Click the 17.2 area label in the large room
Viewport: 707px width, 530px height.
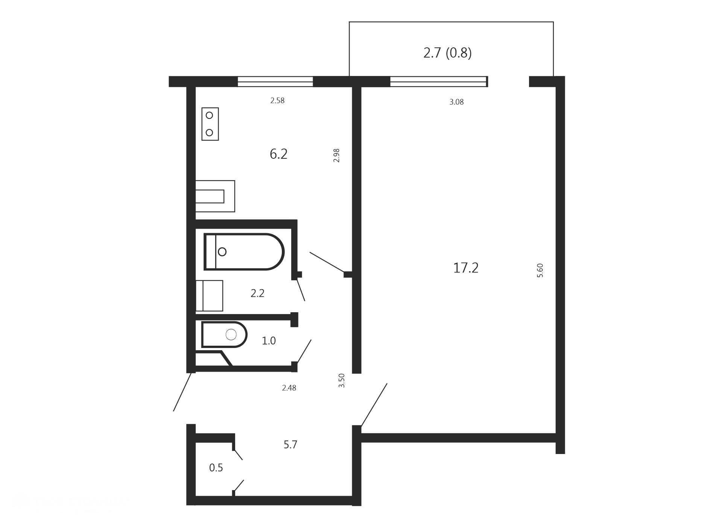tap(466, 268)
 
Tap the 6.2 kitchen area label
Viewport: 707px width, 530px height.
tap(278, 154)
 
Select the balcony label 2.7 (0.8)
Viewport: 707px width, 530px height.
tap(447, 53)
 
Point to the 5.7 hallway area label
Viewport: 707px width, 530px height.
tap(290, 445)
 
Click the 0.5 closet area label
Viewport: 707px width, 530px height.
tap(216, 468)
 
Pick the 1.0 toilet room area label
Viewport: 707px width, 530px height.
tap(269, 341)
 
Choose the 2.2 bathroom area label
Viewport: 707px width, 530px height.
tap(257, 293)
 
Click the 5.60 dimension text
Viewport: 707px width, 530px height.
tap(540, 270)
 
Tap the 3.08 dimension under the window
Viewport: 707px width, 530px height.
tap(456, 102)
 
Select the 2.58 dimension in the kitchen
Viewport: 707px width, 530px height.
tap(277, 100)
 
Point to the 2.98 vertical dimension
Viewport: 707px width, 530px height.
tap(336, 155)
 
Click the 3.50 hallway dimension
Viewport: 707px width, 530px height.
tap(342, 381)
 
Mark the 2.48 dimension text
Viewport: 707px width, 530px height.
tap(289, 388)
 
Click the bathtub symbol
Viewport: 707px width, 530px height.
tap(244, 252)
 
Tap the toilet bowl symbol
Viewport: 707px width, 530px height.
tap(224, 334)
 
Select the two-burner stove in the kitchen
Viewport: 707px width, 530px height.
tap(210, 124)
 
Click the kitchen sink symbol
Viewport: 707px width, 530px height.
tap(215, 196)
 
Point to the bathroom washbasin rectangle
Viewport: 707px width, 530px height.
tap(209, 296)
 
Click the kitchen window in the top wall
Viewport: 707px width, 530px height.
tap(275, 82)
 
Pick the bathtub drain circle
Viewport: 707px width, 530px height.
tap(222, 252)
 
